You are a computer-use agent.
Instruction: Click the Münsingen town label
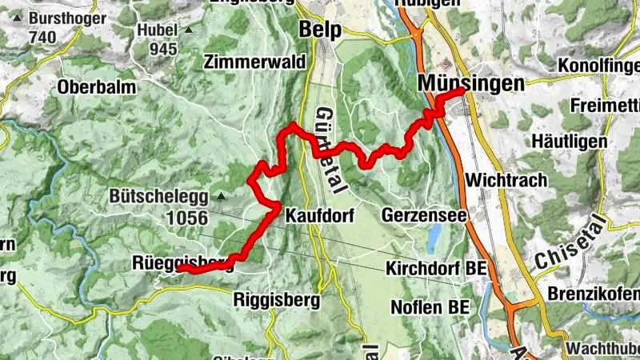[x=470, y=82]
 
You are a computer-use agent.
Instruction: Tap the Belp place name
[x=320, y=30]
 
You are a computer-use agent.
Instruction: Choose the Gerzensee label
[x=419, y=215]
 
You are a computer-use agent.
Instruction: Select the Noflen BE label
[x=430, y=306]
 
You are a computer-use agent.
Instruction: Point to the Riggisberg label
[x=277, y=300]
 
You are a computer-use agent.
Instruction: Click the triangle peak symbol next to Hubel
[x=189, y=30]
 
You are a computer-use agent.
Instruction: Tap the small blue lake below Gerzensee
[x=434, y=237]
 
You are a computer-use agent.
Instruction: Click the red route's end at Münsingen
[x=462, y=93]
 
